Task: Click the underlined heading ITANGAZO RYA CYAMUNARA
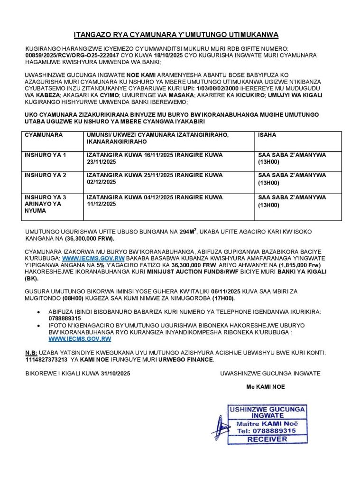176,35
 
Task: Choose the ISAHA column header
267,135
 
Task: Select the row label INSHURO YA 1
46,155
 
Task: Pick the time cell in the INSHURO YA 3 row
292,201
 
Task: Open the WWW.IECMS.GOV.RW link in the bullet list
80,339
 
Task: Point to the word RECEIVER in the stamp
267,439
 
